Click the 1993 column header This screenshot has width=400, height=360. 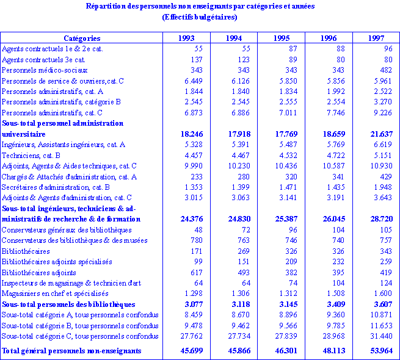[x=186, y=38]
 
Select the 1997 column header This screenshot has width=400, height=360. [x=376, y=38]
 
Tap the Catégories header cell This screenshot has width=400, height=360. [x=81, y=38]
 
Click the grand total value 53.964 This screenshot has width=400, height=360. [x=377, y=351]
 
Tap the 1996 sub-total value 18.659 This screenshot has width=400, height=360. [x=330, y=134]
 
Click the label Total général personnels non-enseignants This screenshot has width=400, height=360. [x=71, y=351]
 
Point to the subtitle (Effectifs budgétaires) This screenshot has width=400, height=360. [x=200, y=16]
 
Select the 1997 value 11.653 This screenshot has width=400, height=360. [x=378, y=325]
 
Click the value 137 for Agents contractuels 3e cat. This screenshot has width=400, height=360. [x=196, y=60]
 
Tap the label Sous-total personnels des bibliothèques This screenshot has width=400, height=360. [x=68, y=304]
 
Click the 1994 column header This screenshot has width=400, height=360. [x=233, y=38]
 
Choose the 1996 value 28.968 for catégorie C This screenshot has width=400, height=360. [x=330, y=336]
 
